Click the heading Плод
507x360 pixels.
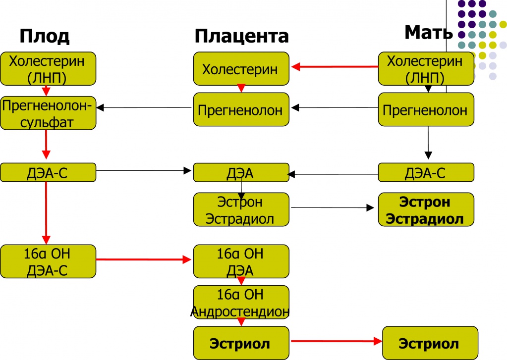44,37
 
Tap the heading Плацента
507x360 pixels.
241,37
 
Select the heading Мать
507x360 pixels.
428,33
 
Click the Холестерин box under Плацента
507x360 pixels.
240,69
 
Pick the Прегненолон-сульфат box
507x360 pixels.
48,113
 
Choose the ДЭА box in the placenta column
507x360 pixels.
240,172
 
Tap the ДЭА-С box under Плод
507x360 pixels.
48,172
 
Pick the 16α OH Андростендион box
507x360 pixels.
240,303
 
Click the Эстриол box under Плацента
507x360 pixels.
240,344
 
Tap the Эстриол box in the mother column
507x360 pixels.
429,344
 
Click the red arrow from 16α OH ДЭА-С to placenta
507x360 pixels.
144,259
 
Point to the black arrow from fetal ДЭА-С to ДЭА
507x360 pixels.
144,171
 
